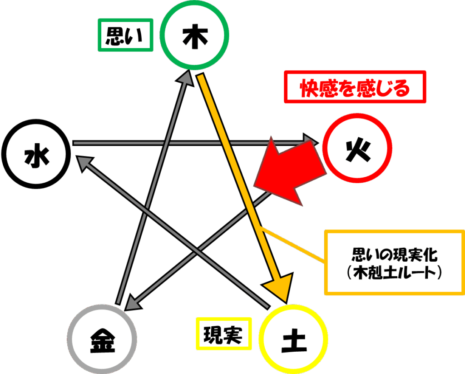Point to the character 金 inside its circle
point(102,341)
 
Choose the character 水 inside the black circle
point(37,155)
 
